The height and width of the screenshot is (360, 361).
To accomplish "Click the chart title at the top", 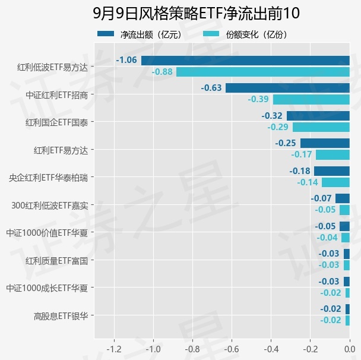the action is point(196,13).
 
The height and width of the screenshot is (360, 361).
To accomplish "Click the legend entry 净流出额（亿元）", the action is point(140,34).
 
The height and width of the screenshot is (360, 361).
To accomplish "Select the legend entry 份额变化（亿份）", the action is point(245,34).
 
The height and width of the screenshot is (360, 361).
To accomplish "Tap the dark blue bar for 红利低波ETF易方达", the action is point(245,61).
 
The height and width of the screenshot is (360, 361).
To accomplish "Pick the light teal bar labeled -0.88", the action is point(263,72).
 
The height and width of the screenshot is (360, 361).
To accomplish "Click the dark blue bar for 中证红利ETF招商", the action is point(287,88).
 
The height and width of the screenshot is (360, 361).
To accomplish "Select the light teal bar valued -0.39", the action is point(311,100).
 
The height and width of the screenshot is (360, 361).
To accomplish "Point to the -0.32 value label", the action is point(272,116).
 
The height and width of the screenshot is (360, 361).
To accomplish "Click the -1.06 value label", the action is point(126,60).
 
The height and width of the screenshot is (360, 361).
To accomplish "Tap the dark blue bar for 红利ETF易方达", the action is point(325,143).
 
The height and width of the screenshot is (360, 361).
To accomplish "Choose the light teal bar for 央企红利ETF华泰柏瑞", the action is point(335,182).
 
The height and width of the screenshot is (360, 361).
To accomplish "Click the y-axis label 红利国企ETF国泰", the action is point(56,122).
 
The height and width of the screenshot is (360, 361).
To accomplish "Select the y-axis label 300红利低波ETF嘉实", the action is point(50,206).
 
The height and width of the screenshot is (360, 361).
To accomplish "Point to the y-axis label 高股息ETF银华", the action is point(61,316).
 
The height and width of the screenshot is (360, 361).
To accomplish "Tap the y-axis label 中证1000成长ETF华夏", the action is point(47,288).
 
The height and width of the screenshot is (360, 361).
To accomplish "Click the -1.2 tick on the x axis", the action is point(114,349).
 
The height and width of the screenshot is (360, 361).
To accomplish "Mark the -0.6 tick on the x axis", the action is point(232,349).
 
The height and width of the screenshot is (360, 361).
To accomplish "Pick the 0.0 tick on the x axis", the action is point(350,349).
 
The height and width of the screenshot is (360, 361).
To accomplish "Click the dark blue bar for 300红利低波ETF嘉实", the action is point(343,198).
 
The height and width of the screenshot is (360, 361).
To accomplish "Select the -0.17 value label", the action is point(302,154).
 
